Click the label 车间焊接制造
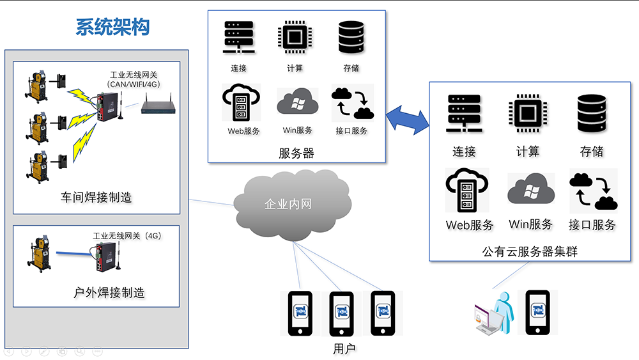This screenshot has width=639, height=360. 96,198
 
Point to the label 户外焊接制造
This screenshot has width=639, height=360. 109,293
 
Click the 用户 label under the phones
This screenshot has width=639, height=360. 344,348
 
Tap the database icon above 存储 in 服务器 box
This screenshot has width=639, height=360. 351,39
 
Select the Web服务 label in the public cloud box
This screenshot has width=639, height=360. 470,225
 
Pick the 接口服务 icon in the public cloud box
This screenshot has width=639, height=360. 592,191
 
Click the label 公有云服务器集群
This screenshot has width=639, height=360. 530,251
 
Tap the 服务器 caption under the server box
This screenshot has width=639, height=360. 296,153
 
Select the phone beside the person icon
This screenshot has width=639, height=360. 537,312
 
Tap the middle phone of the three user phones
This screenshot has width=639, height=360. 341,313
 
